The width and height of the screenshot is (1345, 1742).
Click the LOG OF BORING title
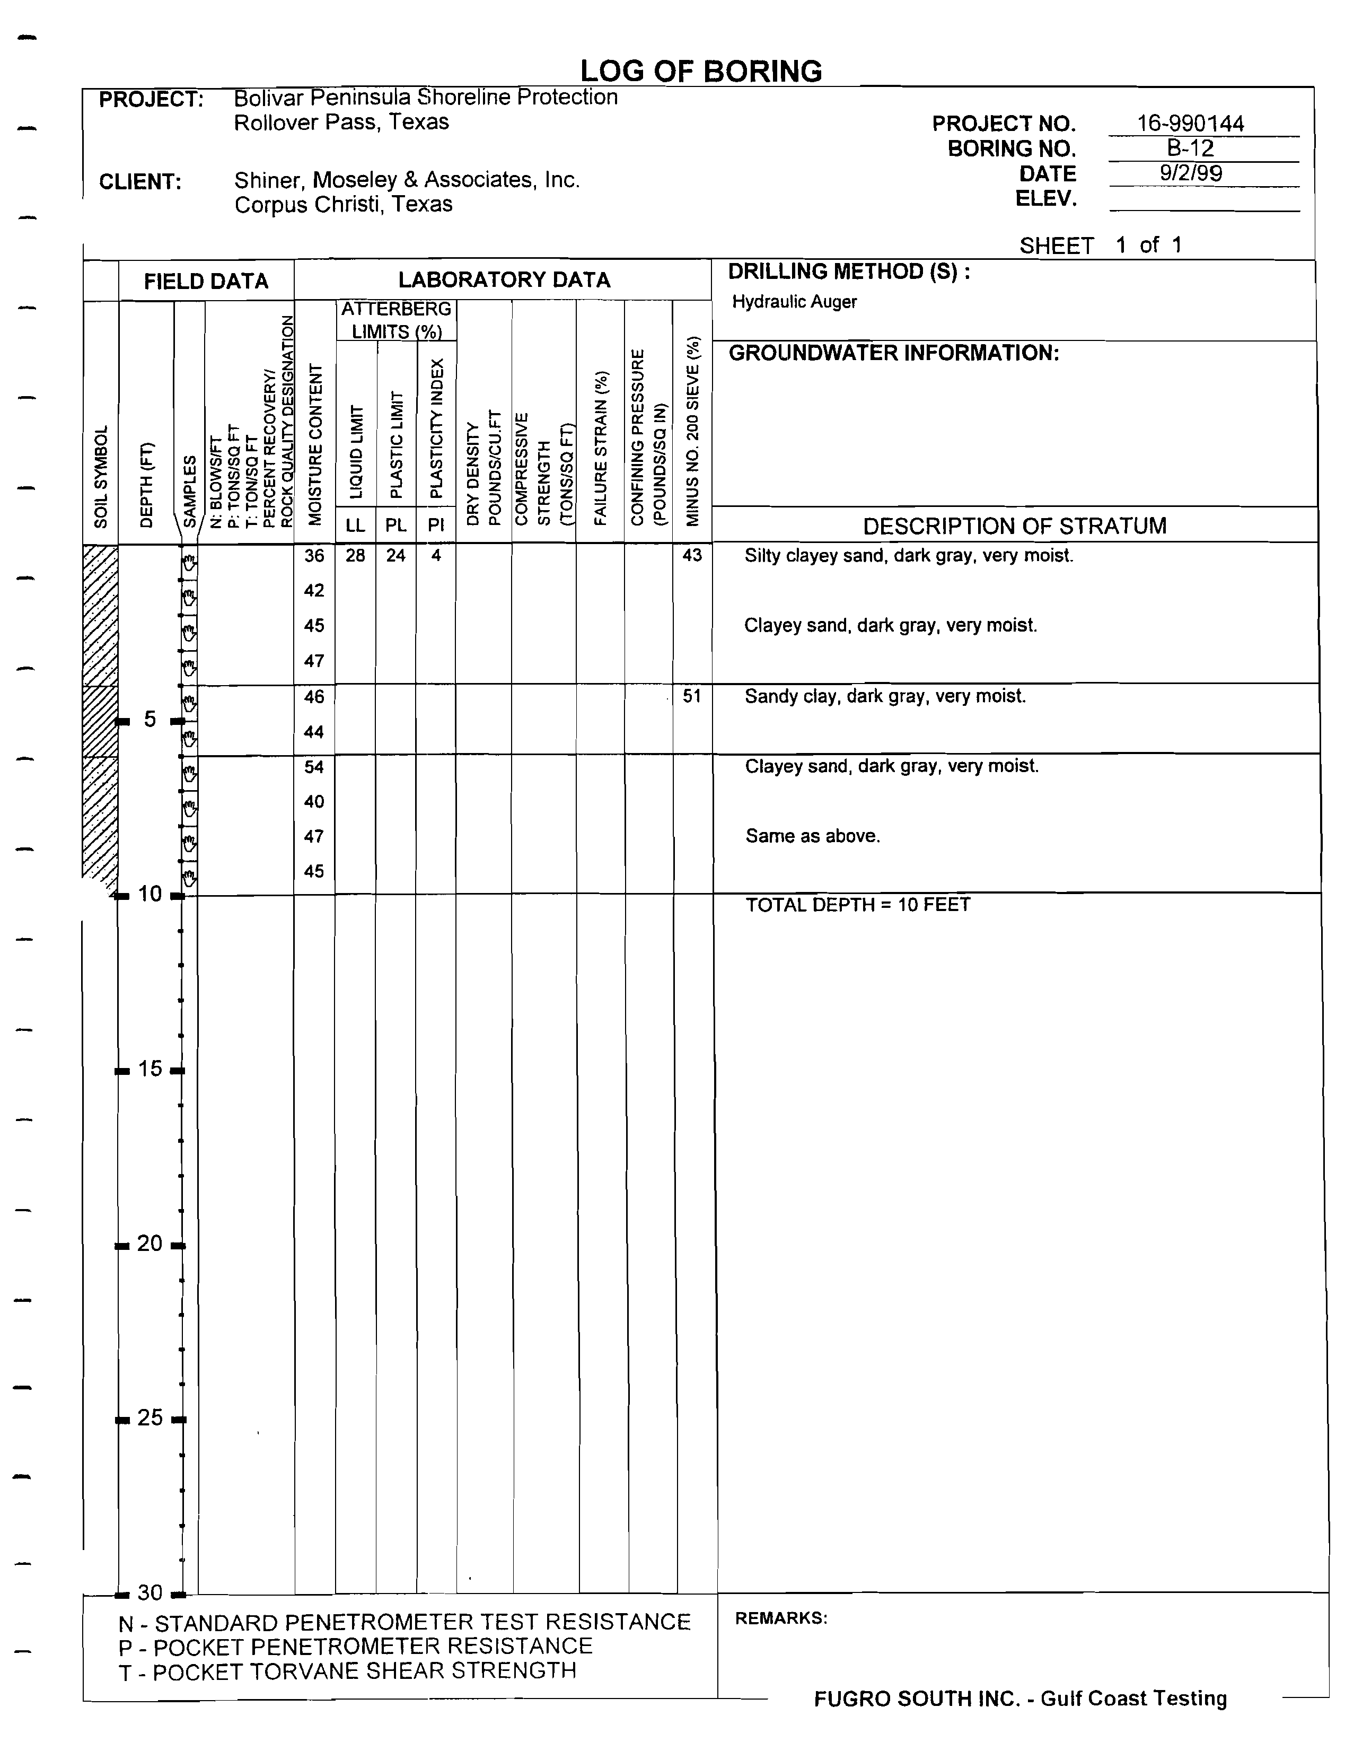tap(701, 72)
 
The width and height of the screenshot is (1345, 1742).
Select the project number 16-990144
tap(1190, 124)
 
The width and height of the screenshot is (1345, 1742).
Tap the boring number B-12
tap(1190, 148)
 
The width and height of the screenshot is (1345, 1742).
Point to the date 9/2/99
tap(1190, 173)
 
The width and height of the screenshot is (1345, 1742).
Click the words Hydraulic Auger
tap(794, 302)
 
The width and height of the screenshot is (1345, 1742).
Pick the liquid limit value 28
tap(356, 555)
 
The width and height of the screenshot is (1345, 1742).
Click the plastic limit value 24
tap(396, 555)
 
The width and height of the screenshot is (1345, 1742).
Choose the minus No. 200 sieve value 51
tap(691, 696)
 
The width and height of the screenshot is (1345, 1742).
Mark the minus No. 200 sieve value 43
tap(691, 555)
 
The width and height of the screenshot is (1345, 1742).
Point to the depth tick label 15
tap(150, 1069)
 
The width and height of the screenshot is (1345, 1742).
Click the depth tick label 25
tap(150, 1417)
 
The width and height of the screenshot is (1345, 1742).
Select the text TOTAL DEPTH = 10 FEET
tap(858, 905)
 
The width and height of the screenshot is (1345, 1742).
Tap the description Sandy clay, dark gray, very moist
tap(885, 696)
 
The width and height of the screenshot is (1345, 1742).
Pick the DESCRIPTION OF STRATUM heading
tap(1014, 527)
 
